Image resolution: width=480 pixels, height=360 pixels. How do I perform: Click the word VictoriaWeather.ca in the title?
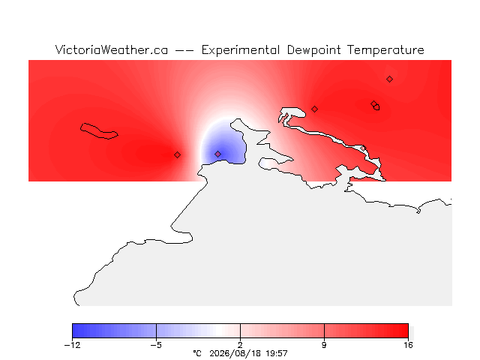[x=112, y=50]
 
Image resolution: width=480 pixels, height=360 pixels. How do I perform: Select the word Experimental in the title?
[x=241, y=50]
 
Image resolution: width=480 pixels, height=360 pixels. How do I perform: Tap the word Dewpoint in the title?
[x=313, y=50]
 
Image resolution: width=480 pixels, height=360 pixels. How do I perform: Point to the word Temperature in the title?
[x=385, y=50]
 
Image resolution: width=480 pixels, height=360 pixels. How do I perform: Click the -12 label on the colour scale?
[x=72, y=345]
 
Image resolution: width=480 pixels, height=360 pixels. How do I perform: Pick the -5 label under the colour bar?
[x=156, y=345]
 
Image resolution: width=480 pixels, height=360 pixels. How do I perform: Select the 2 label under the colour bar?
[x=240, y=345]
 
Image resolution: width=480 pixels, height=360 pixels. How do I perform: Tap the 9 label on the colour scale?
[x=324, y=345]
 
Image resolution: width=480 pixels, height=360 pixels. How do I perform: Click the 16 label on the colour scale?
[x=408, y=345]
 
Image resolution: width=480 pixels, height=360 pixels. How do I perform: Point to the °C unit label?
[x=197, y=353]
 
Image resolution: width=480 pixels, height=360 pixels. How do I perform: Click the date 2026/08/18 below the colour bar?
[x=235, y=353]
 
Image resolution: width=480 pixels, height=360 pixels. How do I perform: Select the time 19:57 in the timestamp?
[x=277, y=353]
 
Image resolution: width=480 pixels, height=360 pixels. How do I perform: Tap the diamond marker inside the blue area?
[x=217, y=154]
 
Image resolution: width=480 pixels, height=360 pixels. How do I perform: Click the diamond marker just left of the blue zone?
[x=177, y=155]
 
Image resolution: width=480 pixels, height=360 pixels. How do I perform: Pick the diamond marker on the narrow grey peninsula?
[x=363, y=148]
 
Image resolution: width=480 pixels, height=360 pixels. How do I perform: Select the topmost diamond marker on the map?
[x=389, y=79]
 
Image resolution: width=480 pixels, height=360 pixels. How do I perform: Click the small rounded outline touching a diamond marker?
[x=376, y=107]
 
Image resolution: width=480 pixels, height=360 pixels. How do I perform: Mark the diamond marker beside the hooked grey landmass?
[x=314, y=109]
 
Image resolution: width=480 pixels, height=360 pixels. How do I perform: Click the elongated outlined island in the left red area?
[x=99, y=131]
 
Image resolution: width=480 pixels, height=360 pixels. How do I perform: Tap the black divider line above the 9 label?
[x=324, y=331]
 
